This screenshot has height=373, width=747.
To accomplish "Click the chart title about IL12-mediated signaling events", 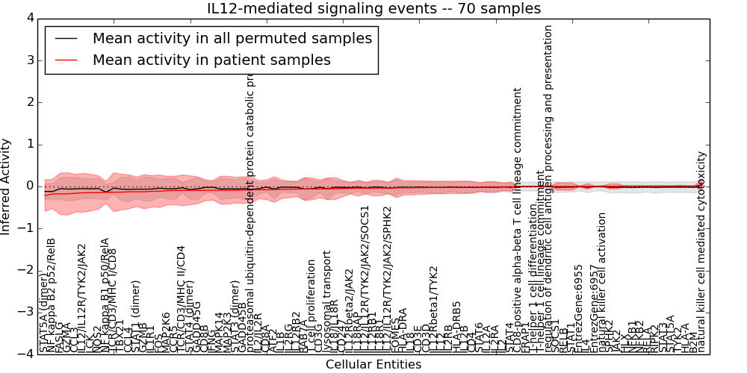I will click(x=373, y=8).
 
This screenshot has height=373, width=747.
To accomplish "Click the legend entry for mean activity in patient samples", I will click(x=211, y=60).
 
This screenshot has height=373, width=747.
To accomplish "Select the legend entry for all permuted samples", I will click(x=232, y=37).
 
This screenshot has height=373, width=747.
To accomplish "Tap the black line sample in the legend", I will click(x=66, y=38).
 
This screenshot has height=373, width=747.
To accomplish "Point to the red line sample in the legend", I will click(x=66, y=60).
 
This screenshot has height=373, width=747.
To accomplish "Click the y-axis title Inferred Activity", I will click(x=7, y=186).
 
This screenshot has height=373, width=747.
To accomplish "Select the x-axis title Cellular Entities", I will click(x=373, y=365).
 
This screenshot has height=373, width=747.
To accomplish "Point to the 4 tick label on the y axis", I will click(x=28, y=17).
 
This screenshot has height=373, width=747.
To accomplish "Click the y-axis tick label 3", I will click(x=28, y=60).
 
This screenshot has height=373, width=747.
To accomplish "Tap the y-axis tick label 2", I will click(x=28, y=101).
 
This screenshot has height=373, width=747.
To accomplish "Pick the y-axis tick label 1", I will click(x=28, y=144).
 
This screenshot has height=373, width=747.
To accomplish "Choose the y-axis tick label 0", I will click(x=28, y=186).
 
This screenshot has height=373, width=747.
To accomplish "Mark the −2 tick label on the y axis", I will click(x=25, y=270).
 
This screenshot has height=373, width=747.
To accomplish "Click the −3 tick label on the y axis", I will click(x=25, y=313).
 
